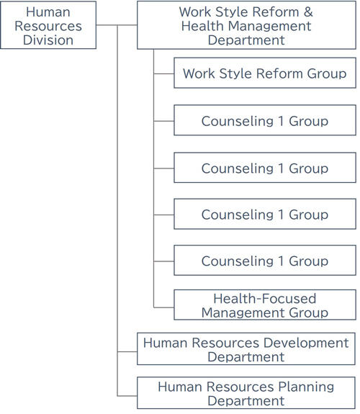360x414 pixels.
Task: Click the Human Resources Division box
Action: (48, 25)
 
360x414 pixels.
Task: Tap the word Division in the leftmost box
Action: (48, 40)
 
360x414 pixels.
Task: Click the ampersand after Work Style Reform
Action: (308, 12)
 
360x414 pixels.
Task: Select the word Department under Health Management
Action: (246, 40)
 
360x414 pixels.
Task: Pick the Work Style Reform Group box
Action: (265, 73)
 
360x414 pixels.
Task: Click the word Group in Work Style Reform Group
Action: (327, 73)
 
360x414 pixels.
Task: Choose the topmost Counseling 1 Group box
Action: (265, 120)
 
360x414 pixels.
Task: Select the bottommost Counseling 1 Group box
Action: (265, 261)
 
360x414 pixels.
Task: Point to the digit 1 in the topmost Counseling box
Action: (281, 121)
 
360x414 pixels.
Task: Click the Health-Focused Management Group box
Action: (265, 305)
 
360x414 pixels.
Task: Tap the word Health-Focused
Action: (265, 299)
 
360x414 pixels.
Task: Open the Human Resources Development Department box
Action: (246, 349)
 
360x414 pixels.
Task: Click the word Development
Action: (306, 343)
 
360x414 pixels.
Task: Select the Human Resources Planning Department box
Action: (246, 393)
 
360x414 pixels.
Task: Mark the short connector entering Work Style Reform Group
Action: (163, 73)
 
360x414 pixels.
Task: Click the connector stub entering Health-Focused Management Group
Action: (163, 307)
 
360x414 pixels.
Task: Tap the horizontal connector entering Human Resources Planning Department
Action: (127, 396)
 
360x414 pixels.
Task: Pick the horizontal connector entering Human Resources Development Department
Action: (127, 351)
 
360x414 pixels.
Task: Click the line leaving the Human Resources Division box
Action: (117, 25)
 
